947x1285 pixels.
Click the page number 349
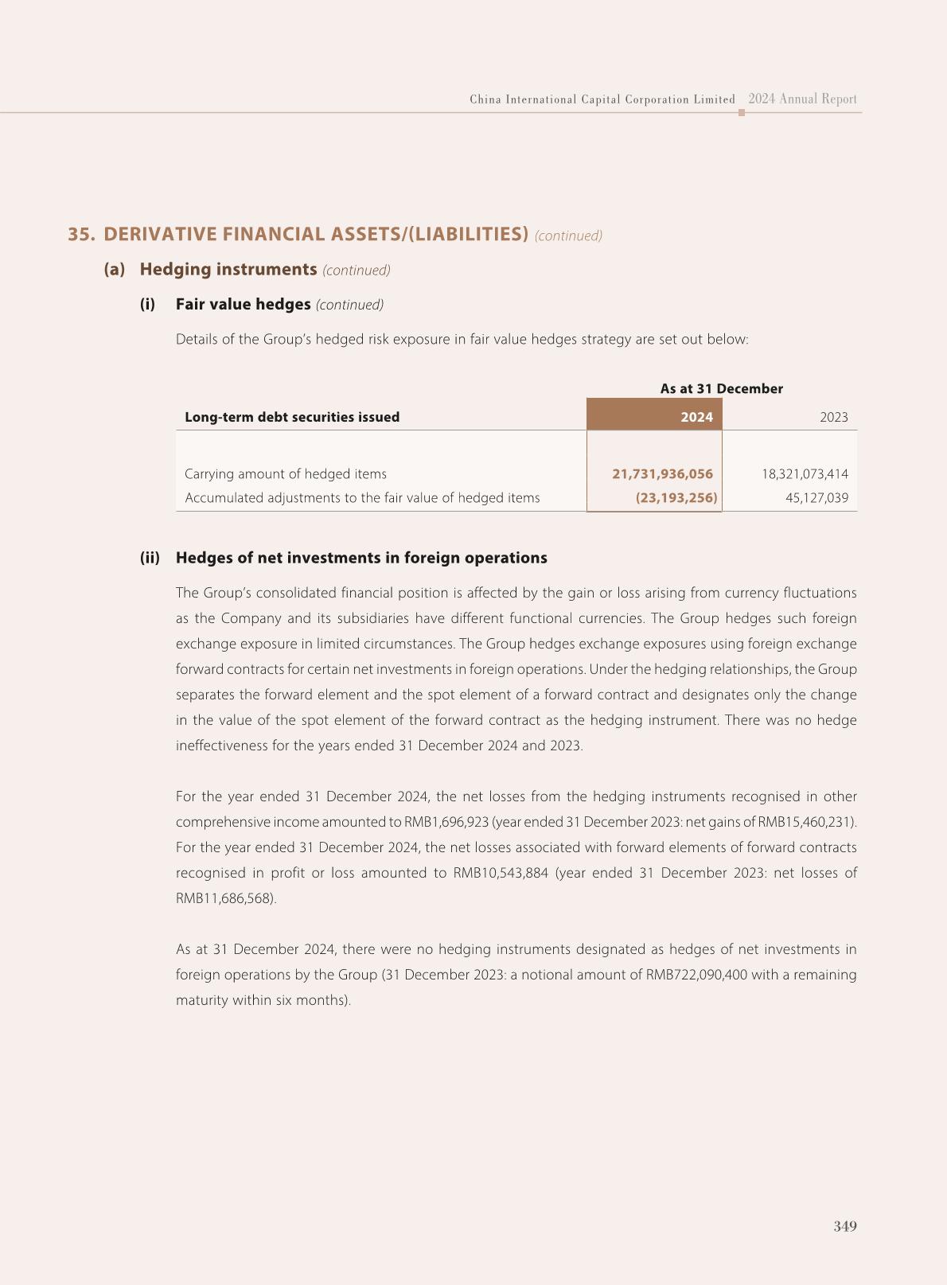845,1226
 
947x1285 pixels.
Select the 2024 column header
696,417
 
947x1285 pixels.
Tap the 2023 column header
833,417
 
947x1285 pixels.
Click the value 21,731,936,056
662,473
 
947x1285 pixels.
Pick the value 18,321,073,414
805,473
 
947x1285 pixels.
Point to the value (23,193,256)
676,498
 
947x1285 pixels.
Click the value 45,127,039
816,498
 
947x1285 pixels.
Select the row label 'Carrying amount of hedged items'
286,473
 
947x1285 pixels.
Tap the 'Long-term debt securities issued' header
292,417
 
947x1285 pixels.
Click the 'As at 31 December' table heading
721,388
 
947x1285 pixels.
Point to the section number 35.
81,234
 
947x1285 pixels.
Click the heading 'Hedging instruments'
228,269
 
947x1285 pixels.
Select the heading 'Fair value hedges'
243,304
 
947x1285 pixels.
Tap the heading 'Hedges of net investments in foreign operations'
361,558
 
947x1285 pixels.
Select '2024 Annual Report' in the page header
802,99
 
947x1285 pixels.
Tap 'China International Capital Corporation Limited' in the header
602,99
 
